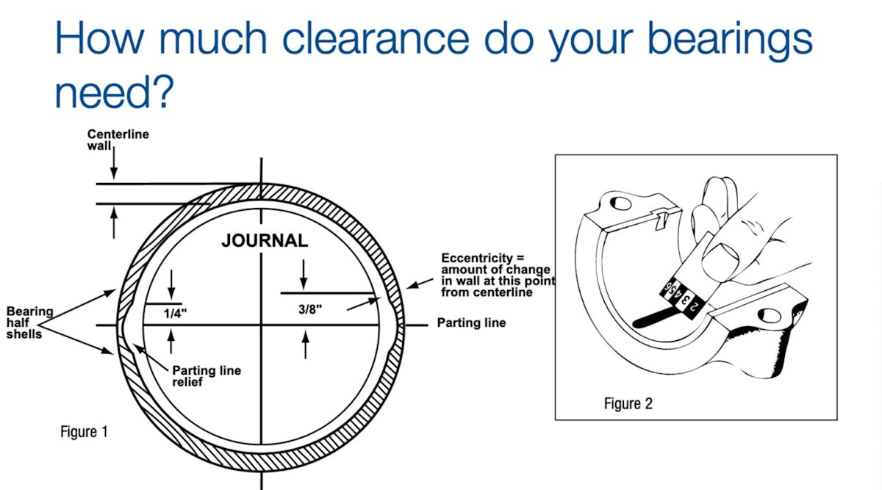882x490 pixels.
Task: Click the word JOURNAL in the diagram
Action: [x=265, y=241]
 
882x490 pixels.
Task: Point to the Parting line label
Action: [x=471, y=323]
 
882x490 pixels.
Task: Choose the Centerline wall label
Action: [x=118, y=140]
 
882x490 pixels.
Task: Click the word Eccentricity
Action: [x=474, y=259]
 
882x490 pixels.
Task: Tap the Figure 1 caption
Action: [x=84, y=431]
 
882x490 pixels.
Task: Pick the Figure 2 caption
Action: [x=628, y=403]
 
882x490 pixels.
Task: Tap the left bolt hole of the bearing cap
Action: [x=617, y=202]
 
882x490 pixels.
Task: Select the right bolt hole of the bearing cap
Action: [x=771, y=317]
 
